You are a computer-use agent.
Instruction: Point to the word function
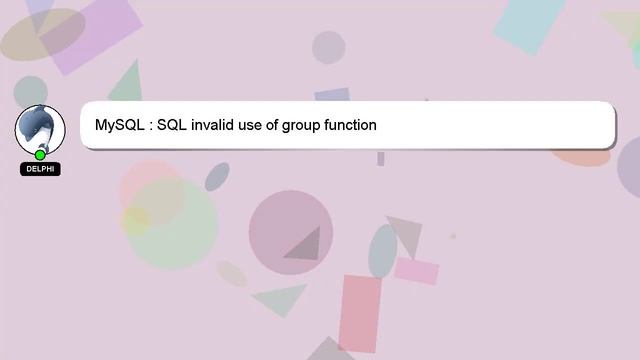pyautogui.click(x=351, y=126)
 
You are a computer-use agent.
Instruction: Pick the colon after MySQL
pyautogui.click(x=150, y=127)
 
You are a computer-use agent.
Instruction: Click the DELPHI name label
pyautogui.click(x=41, y=169)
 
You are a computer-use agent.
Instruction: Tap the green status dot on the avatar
pyautogui.click(x=41, y=155)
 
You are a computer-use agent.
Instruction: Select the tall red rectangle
pyautogui.click(x=359, y=314)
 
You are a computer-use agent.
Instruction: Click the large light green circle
pyautogui.click(x=173, y=223)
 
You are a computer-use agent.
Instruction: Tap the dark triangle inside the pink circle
pyautogui.click(x=305, y=244)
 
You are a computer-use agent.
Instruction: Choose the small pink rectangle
pyautogui.click(x=416, y=271)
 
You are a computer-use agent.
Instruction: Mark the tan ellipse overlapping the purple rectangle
pyautogui.click(x=40, y=35)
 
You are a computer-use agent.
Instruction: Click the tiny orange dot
pyautogui.click(x=452, y=237)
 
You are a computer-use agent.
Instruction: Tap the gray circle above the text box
pyautogui.click(x=328, y=47)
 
